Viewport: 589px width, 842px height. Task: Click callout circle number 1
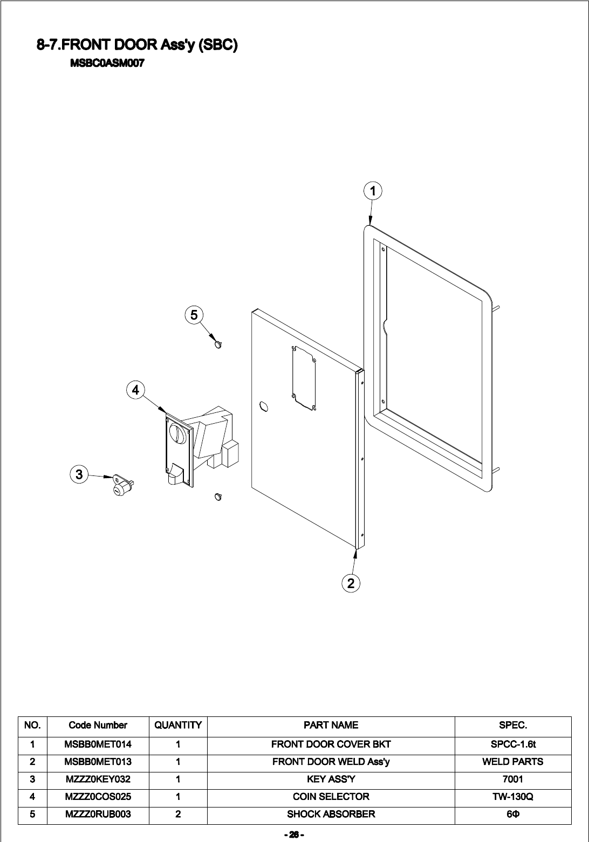click(x=373, y=191)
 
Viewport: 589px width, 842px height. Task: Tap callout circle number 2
click(x=351, y=583)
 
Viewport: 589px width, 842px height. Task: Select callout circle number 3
click(x=79, y=474)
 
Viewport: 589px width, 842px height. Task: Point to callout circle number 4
click(x=135, y=390)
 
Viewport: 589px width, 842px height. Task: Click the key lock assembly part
click(x=122, y=485)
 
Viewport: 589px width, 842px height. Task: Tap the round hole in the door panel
click(x=264, y=405)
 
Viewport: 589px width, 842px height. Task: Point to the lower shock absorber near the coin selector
click(x=218, y=496)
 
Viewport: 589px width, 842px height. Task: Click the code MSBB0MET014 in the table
click(x=98, y=744)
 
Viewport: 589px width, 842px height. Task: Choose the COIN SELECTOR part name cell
click(x=331, y=797)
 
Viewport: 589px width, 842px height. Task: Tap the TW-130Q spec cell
click(x=512, y=797)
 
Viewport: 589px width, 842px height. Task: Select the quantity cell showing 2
click(x=178, y=814)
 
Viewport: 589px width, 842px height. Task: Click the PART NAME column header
click(x=331, y=726)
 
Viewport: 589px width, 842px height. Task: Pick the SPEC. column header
click(x=512, y=726)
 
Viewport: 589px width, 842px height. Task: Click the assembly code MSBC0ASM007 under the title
click(x=107, y=63)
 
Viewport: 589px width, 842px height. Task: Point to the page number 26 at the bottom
click(x=294, y=835)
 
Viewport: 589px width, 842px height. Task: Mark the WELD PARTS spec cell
click(x=512, y=762)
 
